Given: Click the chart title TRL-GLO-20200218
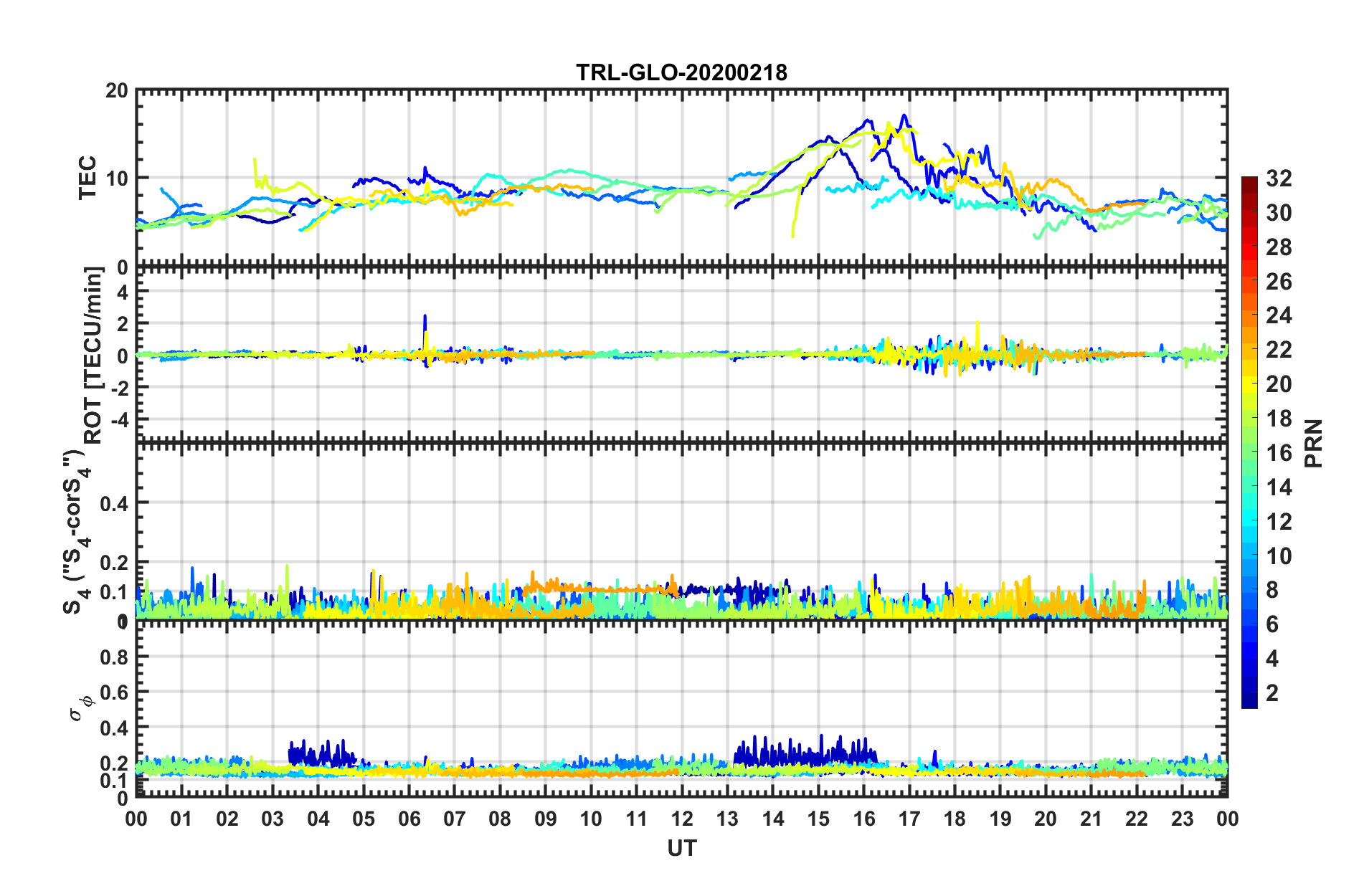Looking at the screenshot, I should point(681,72).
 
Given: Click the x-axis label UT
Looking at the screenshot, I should point(681,849).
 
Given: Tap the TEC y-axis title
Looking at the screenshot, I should point(87,178).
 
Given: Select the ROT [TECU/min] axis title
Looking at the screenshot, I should point(93,356).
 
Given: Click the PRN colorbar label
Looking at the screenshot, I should point(1313,443).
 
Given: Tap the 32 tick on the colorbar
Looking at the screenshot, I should point(1279,178).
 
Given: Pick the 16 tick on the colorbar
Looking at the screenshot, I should point(1279,453).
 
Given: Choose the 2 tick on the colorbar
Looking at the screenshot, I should point(1273,693).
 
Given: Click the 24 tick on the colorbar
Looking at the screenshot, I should point(1279,316).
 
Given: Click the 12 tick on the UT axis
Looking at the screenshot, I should point(681,819).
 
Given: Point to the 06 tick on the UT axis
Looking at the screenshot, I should point(409,819).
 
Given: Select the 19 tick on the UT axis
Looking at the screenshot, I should point(1000,819).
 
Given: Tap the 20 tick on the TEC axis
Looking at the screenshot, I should point(117,91).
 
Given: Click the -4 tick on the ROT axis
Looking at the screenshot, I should point(119,419).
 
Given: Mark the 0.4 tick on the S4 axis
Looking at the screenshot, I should point(114,504).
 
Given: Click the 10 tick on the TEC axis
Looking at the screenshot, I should point(117,178).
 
